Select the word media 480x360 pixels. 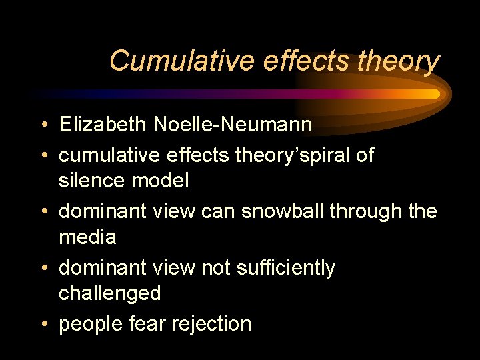pos(88,237)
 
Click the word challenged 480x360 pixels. pos(110,293)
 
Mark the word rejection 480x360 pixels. pos(211,325)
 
